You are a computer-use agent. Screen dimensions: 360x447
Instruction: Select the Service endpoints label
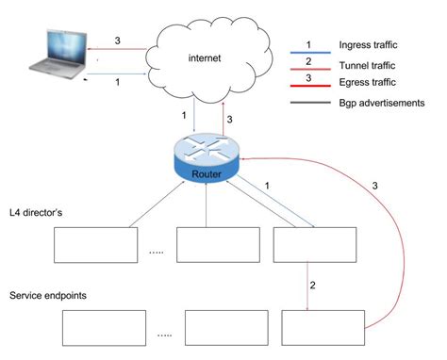[x=48, y=295]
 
